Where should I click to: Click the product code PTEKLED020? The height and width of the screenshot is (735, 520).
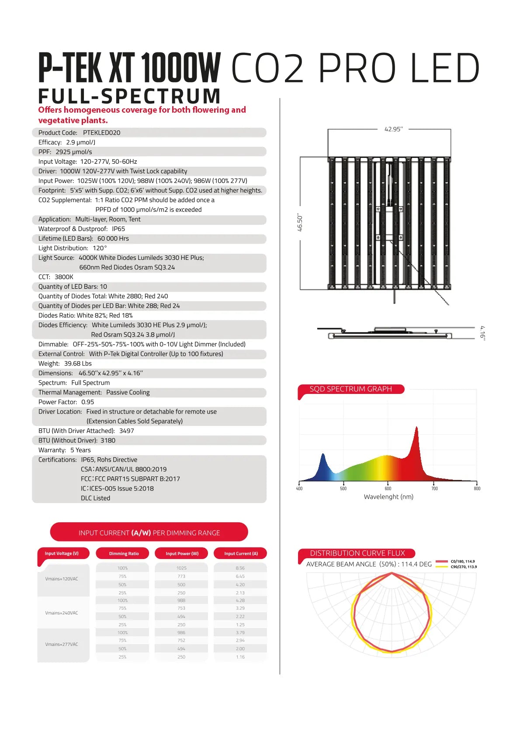[101, 133]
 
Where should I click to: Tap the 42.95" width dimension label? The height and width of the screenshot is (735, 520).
[393, 129]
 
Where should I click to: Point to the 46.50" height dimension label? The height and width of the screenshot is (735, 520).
[300, 223]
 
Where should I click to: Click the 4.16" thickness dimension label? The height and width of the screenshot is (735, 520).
[482, 332]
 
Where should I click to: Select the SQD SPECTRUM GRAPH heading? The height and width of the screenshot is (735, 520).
[350, 389]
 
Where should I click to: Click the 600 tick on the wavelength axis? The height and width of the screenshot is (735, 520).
[388, 488]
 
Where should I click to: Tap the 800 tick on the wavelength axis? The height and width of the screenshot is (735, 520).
[477, 488]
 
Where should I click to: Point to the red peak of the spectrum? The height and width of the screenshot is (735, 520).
[416, 428]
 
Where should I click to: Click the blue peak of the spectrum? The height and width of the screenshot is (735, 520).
[323, 455]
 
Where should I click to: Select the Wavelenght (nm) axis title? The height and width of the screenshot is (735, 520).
[388, 497]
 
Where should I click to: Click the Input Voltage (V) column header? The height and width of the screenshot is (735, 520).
[62, 553]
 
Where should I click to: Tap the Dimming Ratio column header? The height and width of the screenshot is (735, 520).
[124, 554]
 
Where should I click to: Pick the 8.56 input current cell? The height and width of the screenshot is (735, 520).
[240, 568]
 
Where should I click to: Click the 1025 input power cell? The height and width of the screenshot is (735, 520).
[181, 568]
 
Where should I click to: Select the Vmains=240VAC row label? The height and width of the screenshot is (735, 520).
[62, 613]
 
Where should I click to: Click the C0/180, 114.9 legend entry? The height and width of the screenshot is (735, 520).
[462, 562]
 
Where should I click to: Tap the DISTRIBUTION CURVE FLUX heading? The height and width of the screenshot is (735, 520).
[357, 553]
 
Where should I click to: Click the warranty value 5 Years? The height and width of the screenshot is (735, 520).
[80, 450]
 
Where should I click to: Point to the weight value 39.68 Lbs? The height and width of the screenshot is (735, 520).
[78, 364]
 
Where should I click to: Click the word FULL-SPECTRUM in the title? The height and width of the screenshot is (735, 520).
[129, 96]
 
